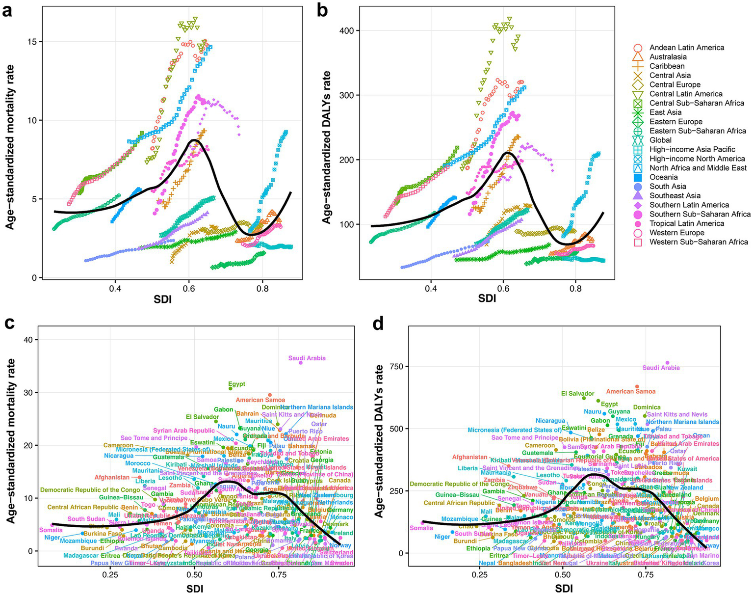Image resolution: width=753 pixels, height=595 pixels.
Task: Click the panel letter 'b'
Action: pos(323,10)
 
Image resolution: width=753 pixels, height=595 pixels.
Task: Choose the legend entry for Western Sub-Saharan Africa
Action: pos(699,242)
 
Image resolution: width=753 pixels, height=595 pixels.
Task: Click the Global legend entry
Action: pos(660,140)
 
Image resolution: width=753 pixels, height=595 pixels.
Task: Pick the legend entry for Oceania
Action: pos(663,177)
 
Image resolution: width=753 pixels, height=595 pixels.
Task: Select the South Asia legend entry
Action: pos(668,187)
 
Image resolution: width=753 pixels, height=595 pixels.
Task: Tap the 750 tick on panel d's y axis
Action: pos(397,366)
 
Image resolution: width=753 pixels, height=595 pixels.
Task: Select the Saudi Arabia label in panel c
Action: pos(307,358)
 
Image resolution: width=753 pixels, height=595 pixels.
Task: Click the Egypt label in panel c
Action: pos(236,384)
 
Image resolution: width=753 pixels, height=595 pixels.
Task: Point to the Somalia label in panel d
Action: pos(421,528)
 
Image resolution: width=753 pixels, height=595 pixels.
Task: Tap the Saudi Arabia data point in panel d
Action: pos(667,363)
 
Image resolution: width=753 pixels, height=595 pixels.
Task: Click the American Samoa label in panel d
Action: pos(630,391)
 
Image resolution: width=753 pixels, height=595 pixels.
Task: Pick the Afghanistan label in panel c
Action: pos(112,477)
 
